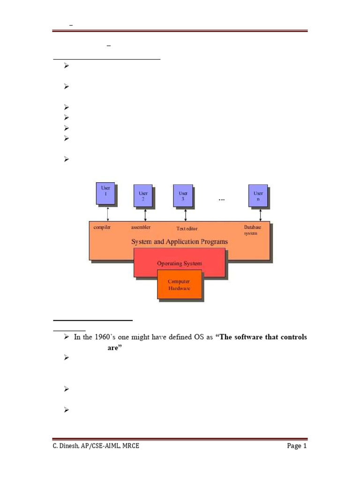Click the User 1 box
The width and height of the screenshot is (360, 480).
click(x=105, y=193)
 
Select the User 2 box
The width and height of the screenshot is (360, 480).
click(x=143, y=196)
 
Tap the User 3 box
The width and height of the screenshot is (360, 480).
click(x=183, y=196)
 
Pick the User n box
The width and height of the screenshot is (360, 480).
click(x=258, y=196)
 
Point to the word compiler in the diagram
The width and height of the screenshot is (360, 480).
click(x=102, y=227)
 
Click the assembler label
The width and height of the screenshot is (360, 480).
click(x=141, y=227)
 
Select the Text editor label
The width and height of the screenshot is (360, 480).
click(x=187, y=229)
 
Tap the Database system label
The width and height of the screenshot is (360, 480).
click(x=252, y=230)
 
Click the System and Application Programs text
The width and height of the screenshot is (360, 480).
click(x=179, y=242)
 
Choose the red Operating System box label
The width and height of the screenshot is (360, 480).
click(x=180, y=263)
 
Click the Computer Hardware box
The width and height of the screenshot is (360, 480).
click(x=179, y=285)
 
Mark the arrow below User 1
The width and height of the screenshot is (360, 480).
click(x=108, y=213)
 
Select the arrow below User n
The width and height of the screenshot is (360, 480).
click(x=260, y=215)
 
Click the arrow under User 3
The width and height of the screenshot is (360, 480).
click(x=186, y=215)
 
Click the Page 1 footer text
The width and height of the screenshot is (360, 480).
click(x=297, y=446)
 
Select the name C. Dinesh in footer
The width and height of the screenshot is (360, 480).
click(x=67, y=446)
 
